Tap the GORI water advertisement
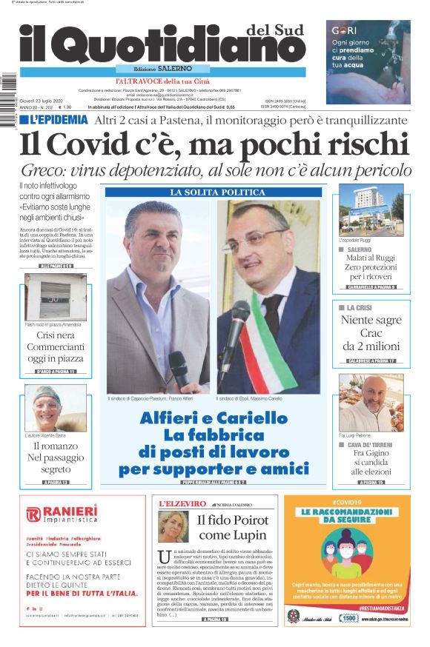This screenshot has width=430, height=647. click(368, 52)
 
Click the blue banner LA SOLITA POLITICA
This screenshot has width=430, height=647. click(212, 192)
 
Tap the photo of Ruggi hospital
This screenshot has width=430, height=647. click(371, 210)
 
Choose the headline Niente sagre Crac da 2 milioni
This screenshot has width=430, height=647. click(371, 333)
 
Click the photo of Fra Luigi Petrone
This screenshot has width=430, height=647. click(371, 403)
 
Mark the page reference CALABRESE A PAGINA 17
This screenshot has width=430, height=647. click(371, 361)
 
